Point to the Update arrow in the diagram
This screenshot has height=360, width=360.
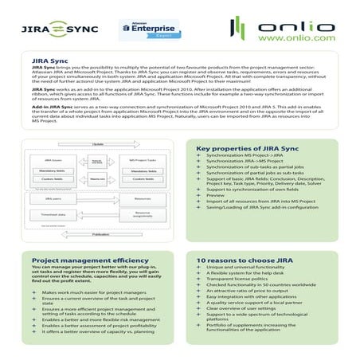pyautogui.click(x=97, y=144)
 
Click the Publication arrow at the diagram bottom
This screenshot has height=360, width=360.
pyautogui.click(x=100, y=234)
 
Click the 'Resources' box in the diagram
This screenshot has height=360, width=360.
pyautogui.click(x=143, y=198)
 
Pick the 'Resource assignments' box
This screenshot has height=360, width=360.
pyautogui.click(x=143, y=213)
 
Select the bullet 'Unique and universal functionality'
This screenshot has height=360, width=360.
pyautogui.click(x=245, y=269)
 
